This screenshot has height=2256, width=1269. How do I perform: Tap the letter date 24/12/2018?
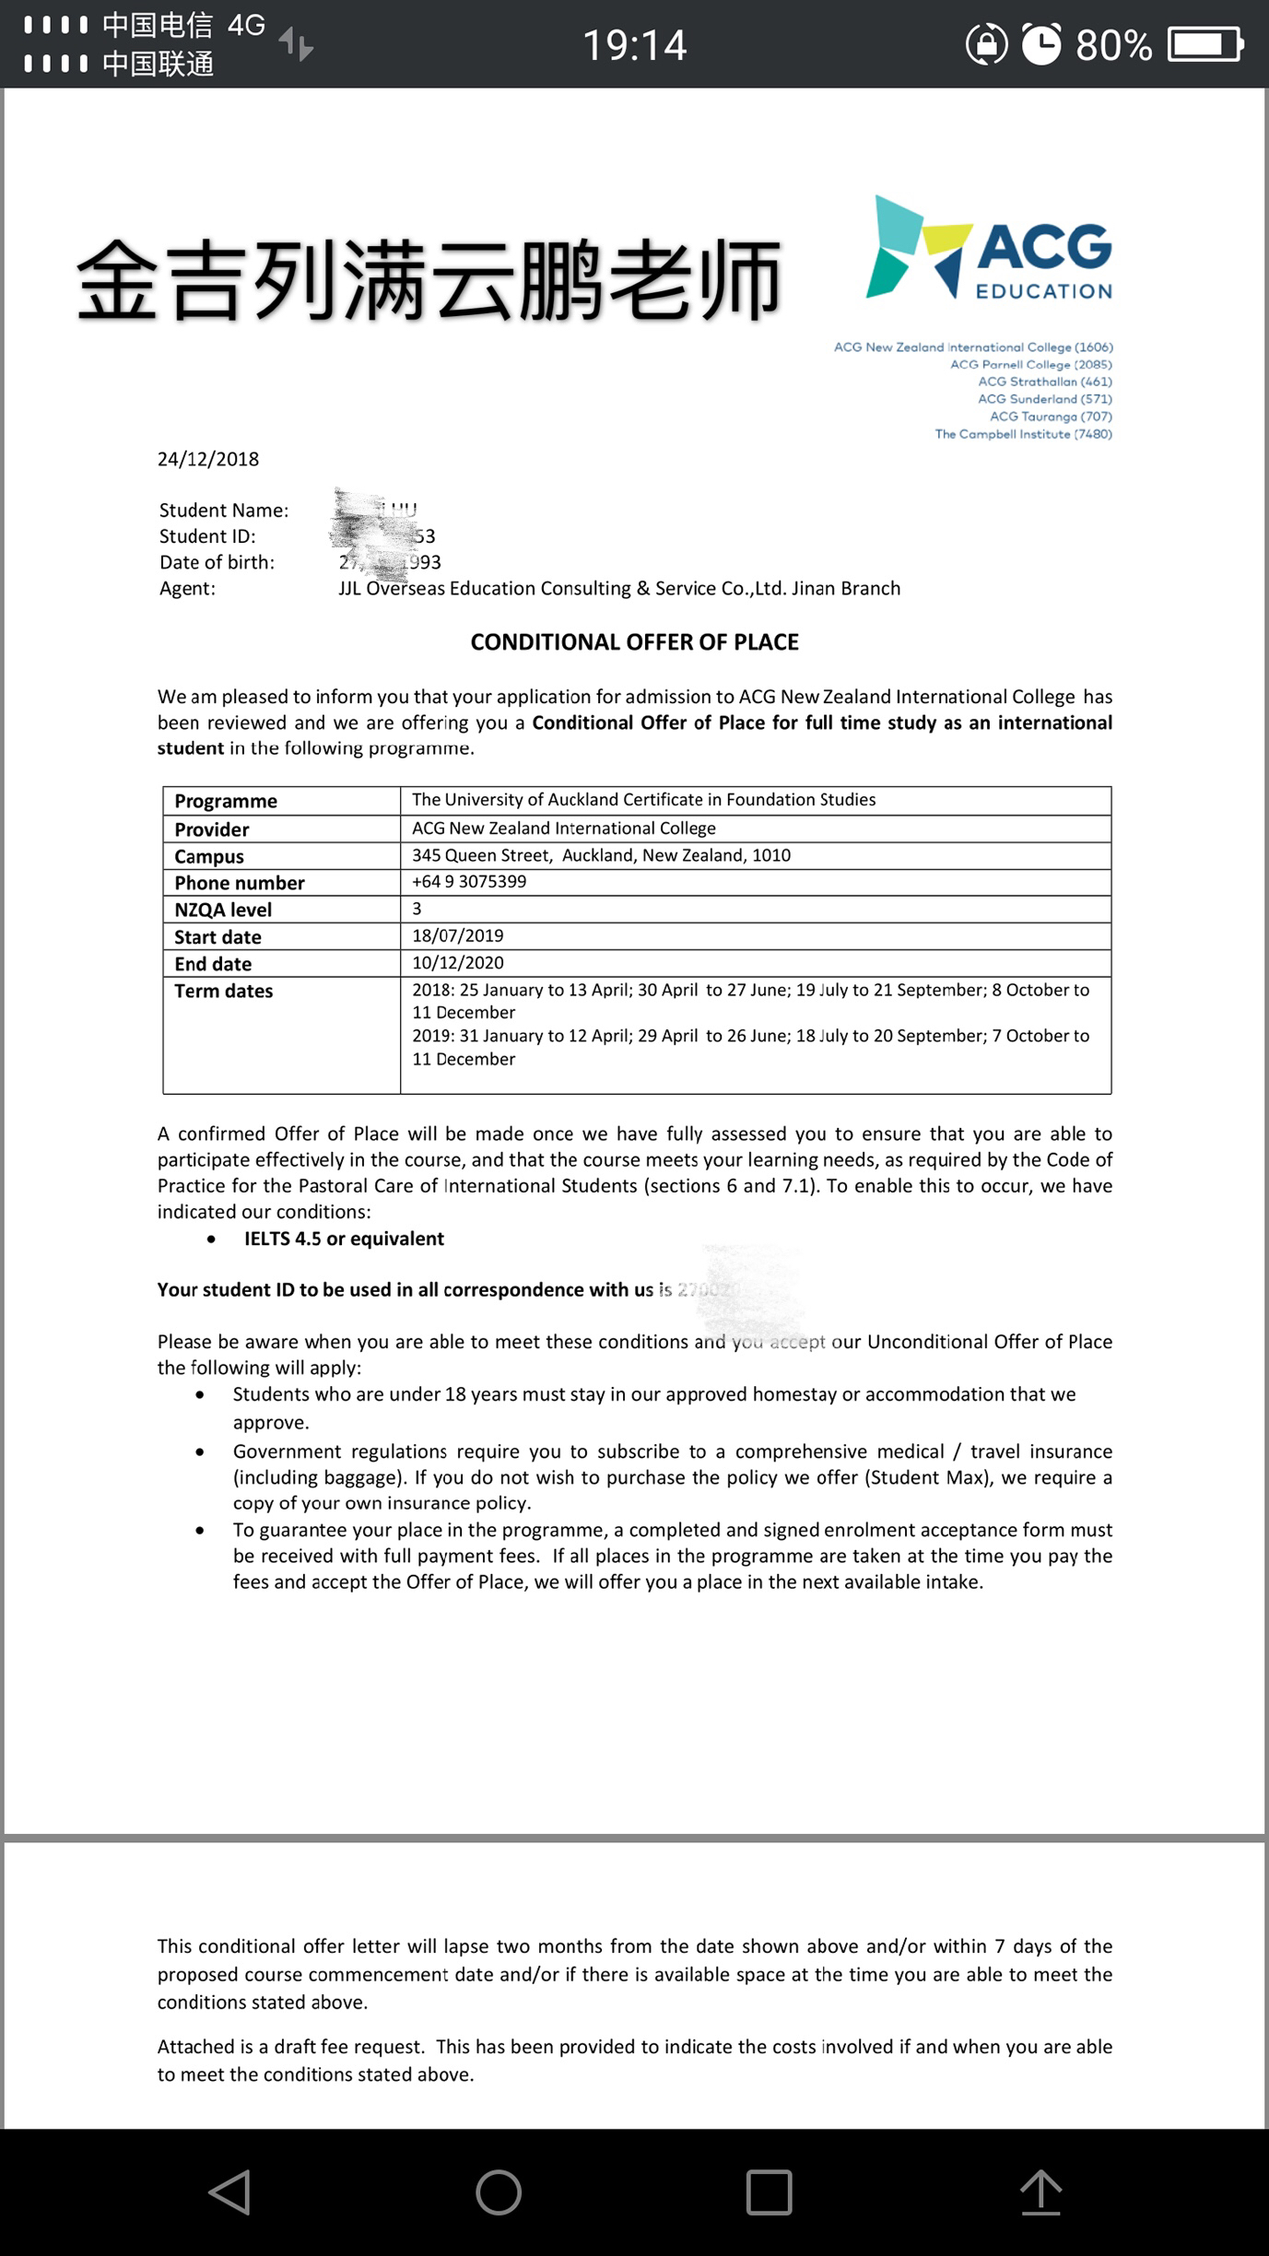[x=208, y=459]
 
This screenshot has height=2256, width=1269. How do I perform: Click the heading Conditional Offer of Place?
[x=634, y=642]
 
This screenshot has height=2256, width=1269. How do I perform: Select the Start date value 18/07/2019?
[x=458, y=935]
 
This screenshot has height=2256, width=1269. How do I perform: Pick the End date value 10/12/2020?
[x=458, y=962]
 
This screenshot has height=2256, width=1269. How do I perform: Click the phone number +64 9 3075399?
[x=469, y=881]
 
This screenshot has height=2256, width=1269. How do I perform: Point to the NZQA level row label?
[x=223, y=910]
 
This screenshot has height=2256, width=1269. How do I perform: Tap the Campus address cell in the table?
[x=601, y=855]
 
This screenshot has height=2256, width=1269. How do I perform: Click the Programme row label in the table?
[x=226, y=801]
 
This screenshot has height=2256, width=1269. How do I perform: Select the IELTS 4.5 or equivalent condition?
[x=344, y=1239]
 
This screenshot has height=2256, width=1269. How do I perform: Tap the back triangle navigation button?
[x=230, y=2191]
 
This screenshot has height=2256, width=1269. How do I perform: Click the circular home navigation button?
[x=499, y=2191]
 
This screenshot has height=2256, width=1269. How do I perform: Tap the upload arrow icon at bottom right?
[x=1041, y=2191]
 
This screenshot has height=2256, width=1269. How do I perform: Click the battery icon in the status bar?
[x=1205, y=44]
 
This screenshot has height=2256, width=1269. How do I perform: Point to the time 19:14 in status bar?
[x=635, y=44]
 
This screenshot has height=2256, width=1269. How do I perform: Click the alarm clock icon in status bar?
[x=1041, y=44]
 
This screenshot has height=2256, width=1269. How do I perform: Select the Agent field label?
[x=187, y=588]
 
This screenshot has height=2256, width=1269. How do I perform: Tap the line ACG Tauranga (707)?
[x=1051, y=417]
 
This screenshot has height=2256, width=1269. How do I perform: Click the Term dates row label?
[x=224, y=991]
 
